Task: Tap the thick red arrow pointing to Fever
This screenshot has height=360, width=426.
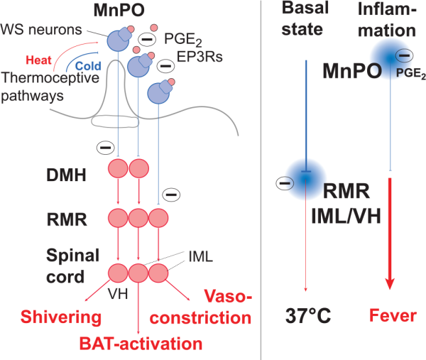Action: pos(389,234)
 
